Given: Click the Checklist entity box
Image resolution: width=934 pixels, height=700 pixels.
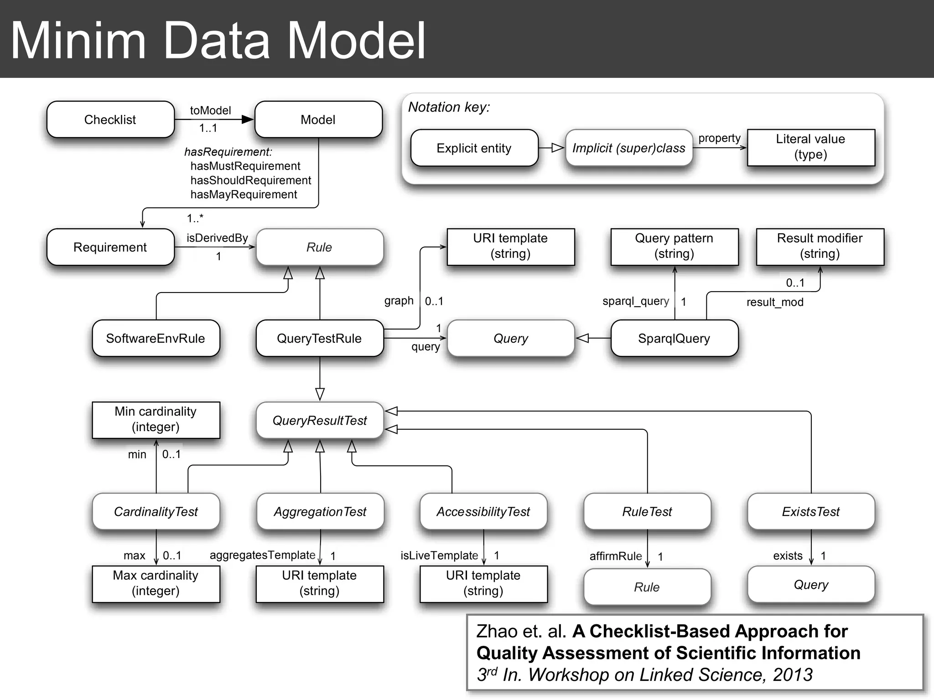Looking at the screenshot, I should [110, 119].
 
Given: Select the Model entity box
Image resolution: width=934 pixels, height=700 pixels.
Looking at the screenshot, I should [318, 119].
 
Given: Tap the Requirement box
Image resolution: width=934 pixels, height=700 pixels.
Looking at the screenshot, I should [110, 247].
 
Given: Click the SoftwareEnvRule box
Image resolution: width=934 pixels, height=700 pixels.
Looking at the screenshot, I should [156, 338].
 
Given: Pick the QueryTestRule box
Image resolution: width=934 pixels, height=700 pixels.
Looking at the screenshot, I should [319, 338].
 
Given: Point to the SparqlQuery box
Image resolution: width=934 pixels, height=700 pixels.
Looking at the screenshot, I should [674, 338].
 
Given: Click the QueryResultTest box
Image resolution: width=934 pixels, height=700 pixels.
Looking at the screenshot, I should [319, 420].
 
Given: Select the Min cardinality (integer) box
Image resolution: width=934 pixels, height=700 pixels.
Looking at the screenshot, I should [156, 419].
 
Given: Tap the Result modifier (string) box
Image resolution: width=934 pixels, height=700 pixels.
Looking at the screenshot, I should [820, 246].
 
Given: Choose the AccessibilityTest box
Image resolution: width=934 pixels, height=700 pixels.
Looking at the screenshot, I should [483, 511].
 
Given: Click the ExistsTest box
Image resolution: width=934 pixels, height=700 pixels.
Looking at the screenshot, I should [810, 511].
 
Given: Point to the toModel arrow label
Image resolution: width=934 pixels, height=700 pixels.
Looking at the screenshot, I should [210, 110].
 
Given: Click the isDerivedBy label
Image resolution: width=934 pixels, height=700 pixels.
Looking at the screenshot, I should [217, 238].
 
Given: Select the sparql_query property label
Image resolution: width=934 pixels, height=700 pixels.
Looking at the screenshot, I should [635, 301].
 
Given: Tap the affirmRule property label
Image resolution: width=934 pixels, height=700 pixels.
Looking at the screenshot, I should [615, 556].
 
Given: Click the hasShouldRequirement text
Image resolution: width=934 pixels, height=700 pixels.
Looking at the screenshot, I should [250, 180].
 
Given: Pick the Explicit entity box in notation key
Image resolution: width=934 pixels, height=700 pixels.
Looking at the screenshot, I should [474, 148].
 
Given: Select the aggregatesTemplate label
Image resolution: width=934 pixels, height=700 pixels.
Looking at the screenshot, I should [262, 555].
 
